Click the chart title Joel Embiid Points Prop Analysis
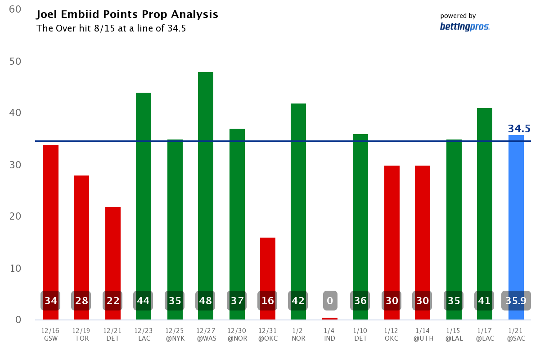coord(127,15)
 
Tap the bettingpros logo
coord(464,27)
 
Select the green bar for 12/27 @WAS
coord(206,180)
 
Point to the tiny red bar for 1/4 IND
coord(330,319)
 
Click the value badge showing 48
coord(206,301)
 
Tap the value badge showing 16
coord(268,301)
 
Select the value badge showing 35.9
coord(516,301)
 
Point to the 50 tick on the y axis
coord(15,61)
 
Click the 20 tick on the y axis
coord(15,216)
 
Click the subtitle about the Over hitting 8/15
coord(111,29)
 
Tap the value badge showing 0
coord(330,301)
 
